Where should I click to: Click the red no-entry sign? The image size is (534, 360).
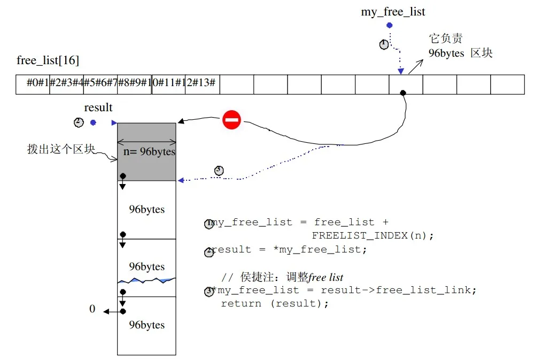coord(231,119)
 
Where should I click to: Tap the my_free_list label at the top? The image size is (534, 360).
coord(393,12)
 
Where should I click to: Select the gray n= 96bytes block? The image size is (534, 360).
coord(146,152)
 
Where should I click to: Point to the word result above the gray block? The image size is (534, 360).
coord(98,108)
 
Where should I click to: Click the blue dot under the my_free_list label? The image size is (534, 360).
coord(389,25)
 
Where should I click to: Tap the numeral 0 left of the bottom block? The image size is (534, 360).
coord(92,309)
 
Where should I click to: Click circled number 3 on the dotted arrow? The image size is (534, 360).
coord(219,171)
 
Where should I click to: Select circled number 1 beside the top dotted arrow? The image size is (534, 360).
coord(384,44)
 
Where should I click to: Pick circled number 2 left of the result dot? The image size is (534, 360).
coord(79,122)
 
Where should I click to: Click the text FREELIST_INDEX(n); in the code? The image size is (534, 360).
coord(373,235)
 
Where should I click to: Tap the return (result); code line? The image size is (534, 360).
coord(275,303)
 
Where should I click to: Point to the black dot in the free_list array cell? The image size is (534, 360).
coord(403,93)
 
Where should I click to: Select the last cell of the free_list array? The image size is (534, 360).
coord(507,85)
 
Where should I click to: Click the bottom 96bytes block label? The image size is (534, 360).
coord(146,325)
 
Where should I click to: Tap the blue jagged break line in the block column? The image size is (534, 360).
coord(146,280)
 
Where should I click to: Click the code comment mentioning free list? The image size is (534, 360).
coord(282,277)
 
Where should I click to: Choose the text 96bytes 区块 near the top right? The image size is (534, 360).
coord(460,53)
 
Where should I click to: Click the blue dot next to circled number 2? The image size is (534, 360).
coord(93,122)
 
